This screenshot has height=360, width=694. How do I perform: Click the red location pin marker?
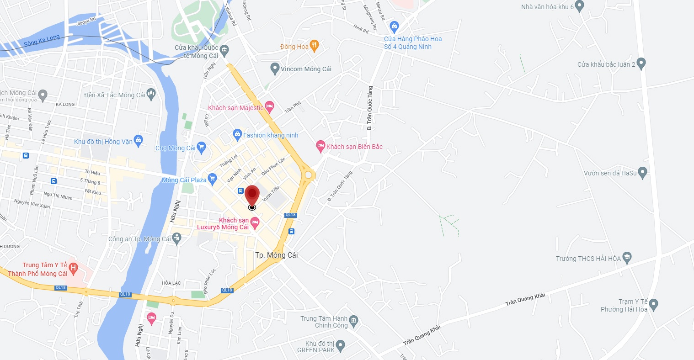(x=252, y=196)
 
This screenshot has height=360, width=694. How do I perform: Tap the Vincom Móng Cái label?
(x=306, y=69)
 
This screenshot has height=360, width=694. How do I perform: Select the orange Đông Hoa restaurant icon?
(x=314, y=46)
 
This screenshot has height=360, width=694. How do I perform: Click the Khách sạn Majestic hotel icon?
(x=270, y=107)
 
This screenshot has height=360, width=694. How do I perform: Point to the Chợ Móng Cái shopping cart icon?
(x=202, y=147)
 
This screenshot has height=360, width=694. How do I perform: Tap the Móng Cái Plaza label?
(x=184, y=180)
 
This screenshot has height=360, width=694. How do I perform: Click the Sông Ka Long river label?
(x=42, y=41)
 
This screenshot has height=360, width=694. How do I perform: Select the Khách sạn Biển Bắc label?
(x=354, y=147)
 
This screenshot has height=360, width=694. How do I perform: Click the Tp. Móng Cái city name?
(x=276, y=255)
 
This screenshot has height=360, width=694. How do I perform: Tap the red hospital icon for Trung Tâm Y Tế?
(x=73, y=268)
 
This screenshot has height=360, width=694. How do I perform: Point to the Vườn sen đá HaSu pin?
(x=642, y=173)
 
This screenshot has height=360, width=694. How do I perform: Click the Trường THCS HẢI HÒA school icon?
(x=627, y=258)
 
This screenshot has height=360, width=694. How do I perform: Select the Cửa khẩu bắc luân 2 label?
(x=606, y=64)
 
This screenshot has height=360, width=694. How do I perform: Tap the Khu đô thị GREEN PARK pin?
(x=341, y=344)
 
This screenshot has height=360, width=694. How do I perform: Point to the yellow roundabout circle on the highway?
(x=308, y=175)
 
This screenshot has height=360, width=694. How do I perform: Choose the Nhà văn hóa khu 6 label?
(x=547, y=7)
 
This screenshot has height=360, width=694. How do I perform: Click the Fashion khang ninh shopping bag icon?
(x=237, y=134)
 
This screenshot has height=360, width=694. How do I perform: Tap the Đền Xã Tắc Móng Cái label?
(x=114, y=95)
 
